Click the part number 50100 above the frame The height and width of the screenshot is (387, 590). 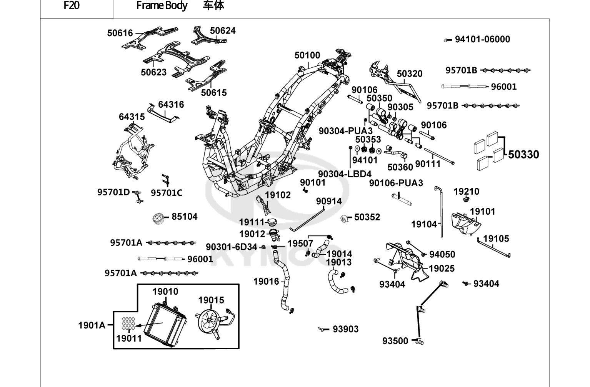pyautogui.click(x=307, y=55)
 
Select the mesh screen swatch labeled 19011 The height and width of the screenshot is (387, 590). pyautogui.click(x=128, y=323)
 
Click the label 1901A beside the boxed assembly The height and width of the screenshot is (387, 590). pyautogui.click(x=92, y=325)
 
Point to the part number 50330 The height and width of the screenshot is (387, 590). pyautogui.click(x=523, y=155)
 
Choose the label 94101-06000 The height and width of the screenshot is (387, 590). pyautogui.click(x=483, y=39)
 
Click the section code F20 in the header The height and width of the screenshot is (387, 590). pyautogui.click(x=72, y=5)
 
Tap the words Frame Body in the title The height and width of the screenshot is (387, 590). pyautogui.click(x=162, y=5)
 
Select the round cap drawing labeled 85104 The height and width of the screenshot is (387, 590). pyautogui.click(x=158, y=219)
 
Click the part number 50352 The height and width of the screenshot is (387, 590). pyautogui.click(x=367, y=217)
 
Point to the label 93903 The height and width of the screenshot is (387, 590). pyautogui.click(x=345, y=329)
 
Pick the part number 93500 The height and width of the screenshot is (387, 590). pyautogui.click(x=395, y=341)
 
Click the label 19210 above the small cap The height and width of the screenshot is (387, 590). pyautogui.click(x=466, y=192)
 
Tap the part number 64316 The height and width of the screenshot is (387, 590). pyautogui.click(x=171, y=105)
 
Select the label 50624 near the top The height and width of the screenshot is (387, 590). pyautogui.click(x=223, y=30)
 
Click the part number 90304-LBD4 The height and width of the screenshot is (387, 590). pyautogui.click(x=345, y=174)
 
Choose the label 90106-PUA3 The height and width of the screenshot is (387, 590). pyautogui.click(x=396, y=183)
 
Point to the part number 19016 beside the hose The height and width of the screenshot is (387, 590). pyautogui.click(x=266, y=282)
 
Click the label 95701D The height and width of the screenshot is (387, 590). pyautogui.click(x=113, y=192)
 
